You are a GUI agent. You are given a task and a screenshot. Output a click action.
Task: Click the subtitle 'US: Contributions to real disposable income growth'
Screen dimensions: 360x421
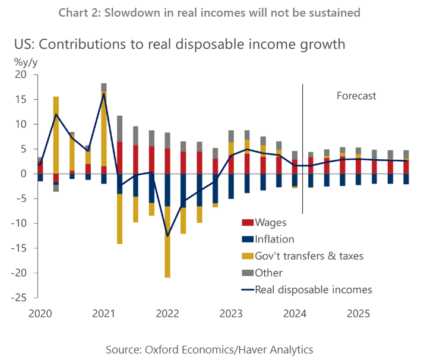coord(180,44)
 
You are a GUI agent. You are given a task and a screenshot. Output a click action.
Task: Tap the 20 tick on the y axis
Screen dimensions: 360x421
coord(21,75)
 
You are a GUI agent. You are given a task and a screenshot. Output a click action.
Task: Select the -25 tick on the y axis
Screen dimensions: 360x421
coord(20,298)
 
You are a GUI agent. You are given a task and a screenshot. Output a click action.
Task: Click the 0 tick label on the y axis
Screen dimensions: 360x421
coord(24,174)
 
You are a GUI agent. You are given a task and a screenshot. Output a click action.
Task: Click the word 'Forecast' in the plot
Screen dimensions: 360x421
coord(356,96)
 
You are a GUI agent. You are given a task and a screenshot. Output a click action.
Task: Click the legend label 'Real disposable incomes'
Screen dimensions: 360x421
coord(313,290)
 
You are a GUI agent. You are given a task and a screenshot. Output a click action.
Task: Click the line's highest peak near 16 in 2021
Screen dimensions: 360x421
coord(104,93)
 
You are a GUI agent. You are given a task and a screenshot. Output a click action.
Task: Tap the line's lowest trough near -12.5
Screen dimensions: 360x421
coord(167,236)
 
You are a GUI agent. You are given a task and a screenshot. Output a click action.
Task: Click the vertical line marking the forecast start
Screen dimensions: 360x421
coord(303,149)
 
